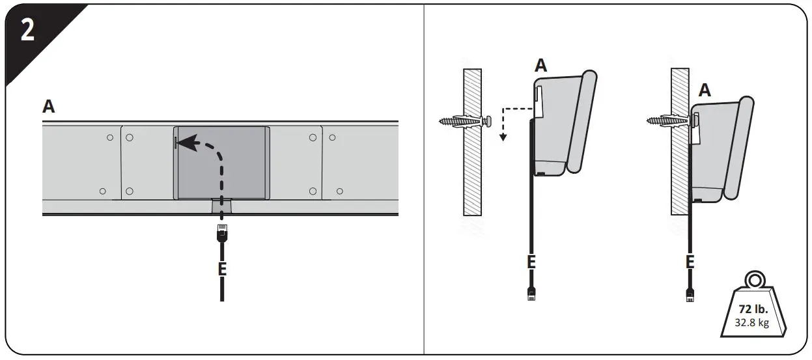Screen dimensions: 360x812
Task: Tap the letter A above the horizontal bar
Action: click(x=48, y=107)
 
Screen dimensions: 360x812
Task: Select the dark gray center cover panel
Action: click(x=221, y=163)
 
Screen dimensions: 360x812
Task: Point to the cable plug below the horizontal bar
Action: click(x=221, y=232)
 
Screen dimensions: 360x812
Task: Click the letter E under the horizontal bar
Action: click(x=222, y=268)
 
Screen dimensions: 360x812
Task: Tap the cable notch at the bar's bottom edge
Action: click(x=221, y=206)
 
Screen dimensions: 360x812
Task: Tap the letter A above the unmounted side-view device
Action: click(x=541, y=65)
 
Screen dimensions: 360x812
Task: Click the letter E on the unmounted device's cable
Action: click(x=531, y=262)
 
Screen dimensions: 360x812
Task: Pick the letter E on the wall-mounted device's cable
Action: click(x=690, y=262)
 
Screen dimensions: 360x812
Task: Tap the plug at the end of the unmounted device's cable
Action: click(x=531, y=294)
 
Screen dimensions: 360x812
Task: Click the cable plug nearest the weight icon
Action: click(x=690, y=295)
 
